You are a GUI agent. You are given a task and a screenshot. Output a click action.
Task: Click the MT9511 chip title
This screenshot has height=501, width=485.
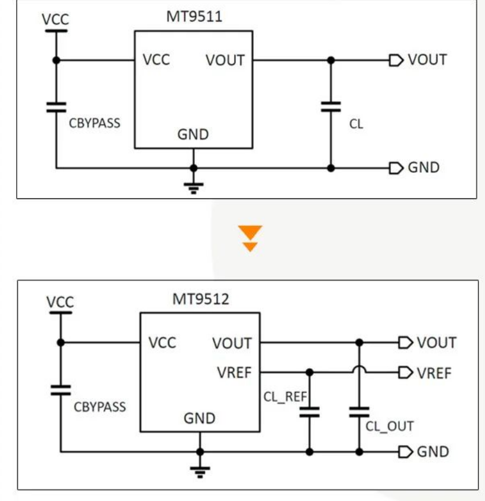point(194,17)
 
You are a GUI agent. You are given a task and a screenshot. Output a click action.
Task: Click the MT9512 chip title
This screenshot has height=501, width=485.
point(200,299)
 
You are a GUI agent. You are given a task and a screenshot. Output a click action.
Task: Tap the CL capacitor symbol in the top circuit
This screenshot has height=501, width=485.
point(331,107)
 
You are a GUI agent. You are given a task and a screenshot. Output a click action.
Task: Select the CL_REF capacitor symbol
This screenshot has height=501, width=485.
point(309,412)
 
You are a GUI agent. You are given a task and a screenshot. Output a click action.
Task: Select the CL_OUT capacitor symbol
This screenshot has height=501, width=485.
point(359,412)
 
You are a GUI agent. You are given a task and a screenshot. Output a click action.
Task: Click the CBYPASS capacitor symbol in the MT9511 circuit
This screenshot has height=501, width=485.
point(56,107)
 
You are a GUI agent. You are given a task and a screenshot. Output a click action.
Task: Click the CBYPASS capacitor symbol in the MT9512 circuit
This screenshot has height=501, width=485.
point(61,390)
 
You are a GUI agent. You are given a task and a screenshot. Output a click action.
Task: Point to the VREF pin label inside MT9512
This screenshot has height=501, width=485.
point(234,373)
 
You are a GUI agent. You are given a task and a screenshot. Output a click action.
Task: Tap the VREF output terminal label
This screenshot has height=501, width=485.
point(434,373)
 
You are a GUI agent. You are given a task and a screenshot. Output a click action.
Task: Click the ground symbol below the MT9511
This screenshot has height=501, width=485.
point(193,188)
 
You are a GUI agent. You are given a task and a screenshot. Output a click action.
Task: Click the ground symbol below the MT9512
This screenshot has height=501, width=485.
point(200,471)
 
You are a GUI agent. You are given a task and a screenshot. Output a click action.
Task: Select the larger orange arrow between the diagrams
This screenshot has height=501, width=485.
point(250,232)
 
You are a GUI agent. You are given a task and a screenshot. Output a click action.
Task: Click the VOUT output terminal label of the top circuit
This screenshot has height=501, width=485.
point(427,60)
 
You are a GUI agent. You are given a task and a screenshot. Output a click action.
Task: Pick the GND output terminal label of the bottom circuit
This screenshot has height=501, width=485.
point(433,452)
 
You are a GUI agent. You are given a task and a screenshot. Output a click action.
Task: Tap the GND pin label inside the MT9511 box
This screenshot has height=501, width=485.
point(193,135)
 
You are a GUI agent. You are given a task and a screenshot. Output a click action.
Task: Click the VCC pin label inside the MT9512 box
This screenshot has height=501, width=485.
point(162,343)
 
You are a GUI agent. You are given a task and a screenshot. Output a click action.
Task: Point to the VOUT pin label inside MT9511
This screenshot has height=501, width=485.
point(225,60)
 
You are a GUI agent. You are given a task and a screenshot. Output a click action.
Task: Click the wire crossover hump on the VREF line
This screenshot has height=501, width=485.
point(359,370)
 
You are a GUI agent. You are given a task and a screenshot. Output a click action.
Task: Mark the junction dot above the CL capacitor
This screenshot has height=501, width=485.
point(331,60)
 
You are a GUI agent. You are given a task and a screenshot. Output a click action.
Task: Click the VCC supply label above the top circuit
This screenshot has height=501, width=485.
point(55,19)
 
